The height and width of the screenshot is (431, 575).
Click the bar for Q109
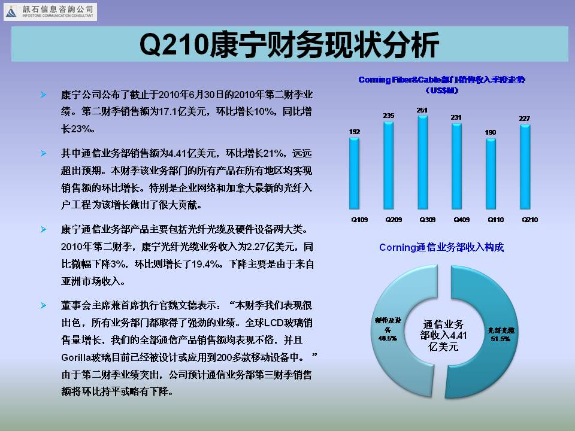point(354,174)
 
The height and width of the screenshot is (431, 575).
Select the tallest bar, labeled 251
point(423,162)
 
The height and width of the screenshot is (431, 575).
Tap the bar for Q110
point(491,174)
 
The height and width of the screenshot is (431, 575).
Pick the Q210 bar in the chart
point(525,167)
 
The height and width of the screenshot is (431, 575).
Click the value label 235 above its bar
point(389,116)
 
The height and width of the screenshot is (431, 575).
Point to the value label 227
point(525,119)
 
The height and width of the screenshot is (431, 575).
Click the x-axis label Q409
point(461,220)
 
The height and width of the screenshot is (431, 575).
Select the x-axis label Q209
point(394,220)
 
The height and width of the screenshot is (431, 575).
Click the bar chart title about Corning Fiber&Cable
point(442,84)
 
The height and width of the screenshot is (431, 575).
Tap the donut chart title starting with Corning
point(441,247)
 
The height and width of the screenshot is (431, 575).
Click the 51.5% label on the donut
point(501,339)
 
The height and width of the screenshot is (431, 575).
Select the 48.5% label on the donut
point(388,338)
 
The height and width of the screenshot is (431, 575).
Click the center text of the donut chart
point(443,335)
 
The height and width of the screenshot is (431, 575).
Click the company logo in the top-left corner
point(50,12)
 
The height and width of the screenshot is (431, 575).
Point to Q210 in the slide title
point(174,45)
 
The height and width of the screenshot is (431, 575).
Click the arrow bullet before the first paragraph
point(43,95)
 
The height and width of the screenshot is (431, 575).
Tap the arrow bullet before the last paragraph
point(43,305)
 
